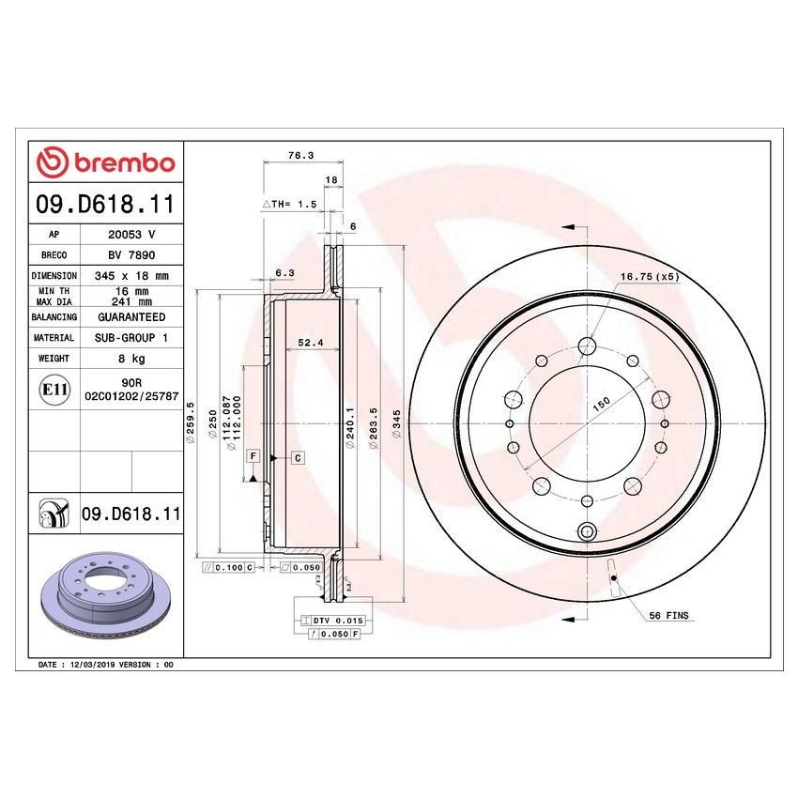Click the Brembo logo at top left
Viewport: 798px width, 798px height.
[105, 162]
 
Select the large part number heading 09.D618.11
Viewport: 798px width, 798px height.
[105, 204]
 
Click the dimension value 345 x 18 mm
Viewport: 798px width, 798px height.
[131, 277]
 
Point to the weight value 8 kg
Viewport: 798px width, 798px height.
[131, 359]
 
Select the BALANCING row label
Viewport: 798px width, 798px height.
[54, 317]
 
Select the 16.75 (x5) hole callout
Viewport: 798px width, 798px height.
[649, 277]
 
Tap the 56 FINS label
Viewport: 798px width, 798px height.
[668, 616]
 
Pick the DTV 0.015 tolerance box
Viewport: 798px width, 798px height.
[336, 622]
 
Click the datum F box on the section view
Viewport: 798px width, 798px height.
[252, 456]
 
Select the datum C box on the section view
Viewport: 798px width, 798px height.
[297, 458]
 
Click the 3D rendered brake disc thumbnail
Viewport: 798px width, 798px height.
[103, 594]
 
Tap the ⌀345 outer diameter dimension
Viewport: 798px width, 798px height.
[397, 434]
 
